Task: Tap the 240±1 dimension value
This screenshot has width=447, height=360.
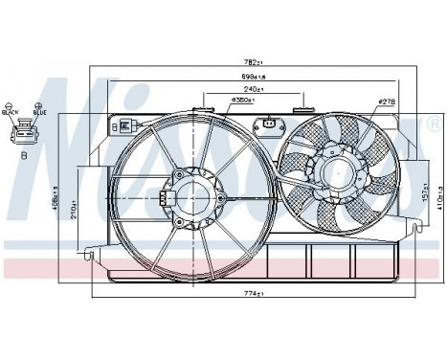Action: click(x=255, y=90)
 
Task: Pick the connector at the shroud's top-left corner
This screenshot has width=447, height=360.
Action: click(x=129, y=124)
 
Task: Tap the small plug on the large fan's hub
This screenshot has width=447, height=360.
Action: click(x=165, y=199)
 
